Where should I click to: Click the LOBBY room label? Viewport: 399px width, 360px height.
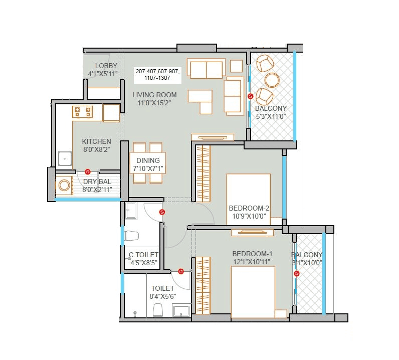click(106, 66)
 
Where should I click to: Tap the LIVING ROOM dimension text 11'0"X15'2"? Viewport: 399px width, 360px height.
click(154, 103)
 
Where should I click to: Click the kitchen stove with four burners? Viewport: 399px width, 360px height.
click(83, 111)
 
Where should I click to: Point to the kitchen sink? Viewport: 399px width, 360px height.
click(64, 158)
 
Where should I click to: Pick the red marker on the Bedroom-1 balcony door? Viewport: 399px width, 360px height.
click(297, 274)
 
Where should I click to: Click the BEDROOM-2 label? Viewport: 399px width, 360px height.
click(249, 208)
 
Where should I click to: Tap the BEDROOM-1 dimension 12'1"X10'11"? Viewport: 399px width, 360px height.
click(249, 262)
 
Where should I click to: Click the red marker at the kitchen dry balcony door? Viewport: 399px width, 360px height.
click(87, 171)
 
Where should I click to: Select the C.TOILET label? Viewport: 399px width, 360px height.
click(144, 255)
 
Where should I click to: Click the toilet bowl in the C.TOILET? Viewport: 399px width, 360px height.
click(132, 235)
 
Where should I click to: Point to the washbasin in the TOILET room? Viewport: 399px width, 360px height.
click(181, 311)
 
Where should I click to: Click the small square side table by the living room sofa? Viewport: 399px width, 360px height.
click(236, 66)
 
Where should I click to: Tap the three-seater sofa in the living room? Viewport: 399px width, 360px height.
click(206, 69)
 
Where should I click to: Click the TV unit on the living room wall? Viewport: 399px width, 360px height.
click(213, 137)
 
